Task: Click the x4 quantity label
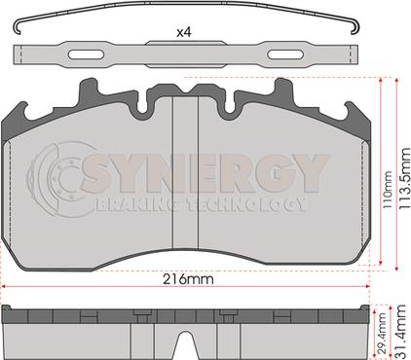(x=184, y=32)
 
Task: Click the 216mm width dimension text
(x=188, y=279)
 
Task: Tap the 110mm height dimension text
(x=387, y=190)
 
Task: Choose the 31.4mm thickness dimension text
(x=401, y=332)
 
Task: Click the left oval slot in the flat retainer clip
(x=87, y=54)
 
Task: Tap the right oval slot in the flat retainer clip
(x=285, y=54)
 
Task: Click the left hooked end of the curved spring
(x=18, y=28)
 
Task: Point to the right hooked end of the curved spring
(x=355, y=28)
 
